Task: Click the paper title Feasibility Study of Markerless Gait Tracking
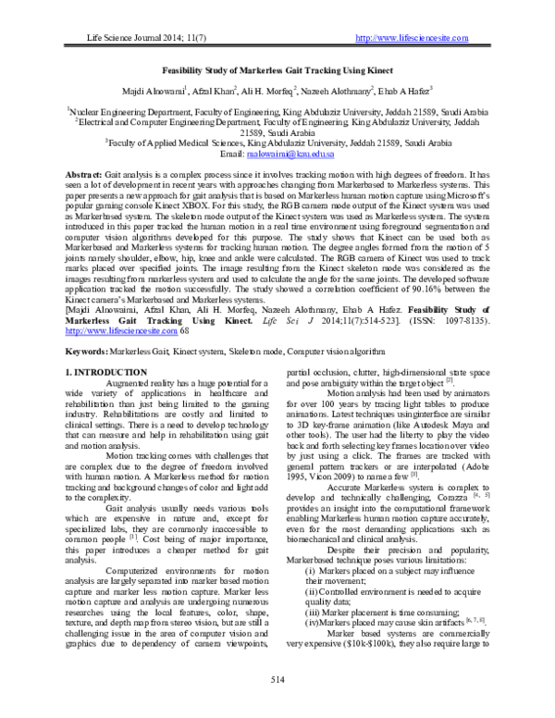click(x=277, y=70)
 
